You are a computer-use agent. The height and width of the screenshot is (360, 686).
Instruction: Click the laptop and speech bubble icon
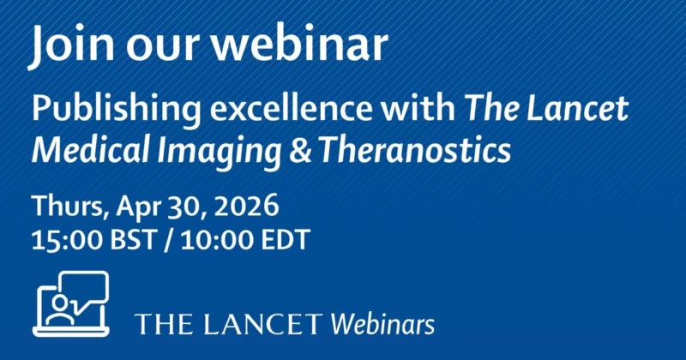(x=71, y=303)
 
